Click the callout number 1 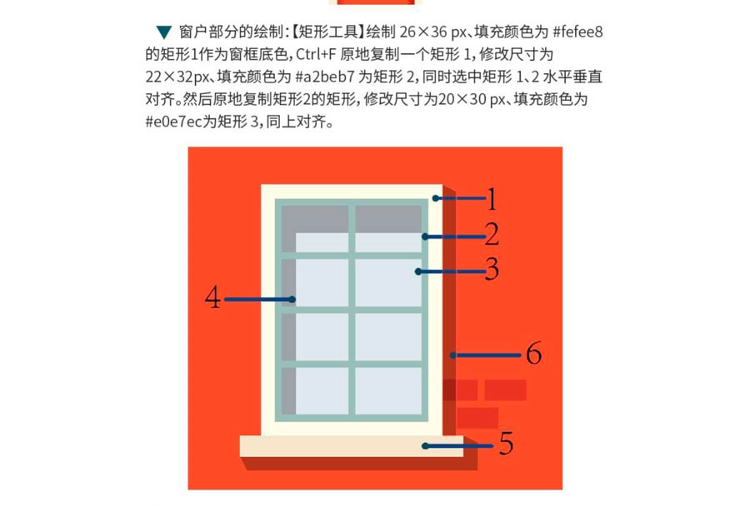click(x=492, y=199)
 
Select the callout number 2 click(x=492, y=235)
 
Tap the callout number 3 click(x=492, y=269)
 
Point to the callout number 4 click(x=212, y=297)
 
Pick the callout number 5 click(x=507, y=443)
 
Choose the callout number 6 click(x=534, y=353)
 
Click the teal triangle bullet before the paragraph click(x=164, y=32)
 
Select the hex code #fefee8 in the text click(x=577, y=32)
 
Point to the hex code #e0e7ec click(x=173, y=122)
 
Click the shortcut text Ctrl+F click(x=316, y=54)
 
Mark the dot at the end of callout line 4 click(x=292, y=300)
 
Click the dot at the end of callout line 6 click(x=452, y=355)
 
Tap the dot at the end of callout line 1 click(x=436, y=198)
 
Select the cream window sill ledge click(x=352, y=446)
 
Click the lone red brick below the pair click(x=477, y=418)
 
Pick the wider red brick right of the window click(x=505, y=389)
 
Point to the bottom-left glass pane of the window click(x=322, y=391)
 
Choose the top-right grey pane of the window click(x=387, y=219)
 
